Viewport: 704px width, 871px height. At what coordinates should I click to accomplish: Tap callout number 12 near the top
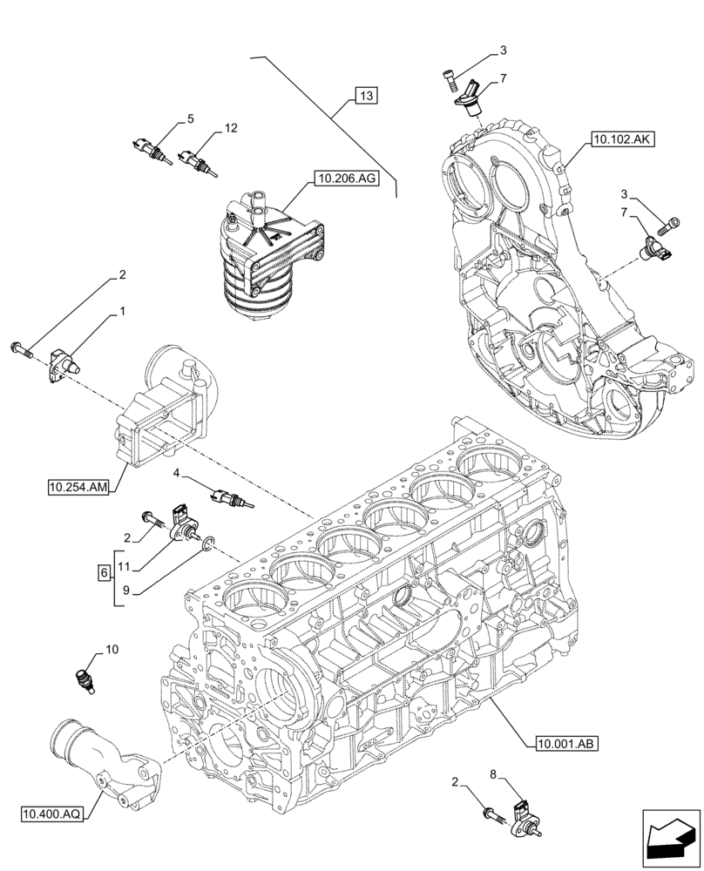pyautogui.click(x=230, y=128)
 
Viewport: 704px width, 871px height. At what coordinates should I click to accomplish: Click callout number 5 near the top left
pyautogui.click(x=190, y=119)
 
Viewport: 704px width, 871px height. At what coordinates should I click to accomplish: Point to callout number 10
pyautogui.click(x=112, y=649)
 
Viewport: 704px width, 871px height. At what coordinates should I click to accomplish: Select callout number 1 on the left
pyautogui.click(x=123, y=311)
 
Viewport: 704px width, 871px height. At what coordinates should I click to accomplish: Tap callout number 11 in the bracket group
pyautogui.click(x=125, y=567)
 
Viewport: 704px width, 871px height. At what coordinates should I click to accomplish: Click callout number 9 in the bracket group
pyautogui.click(x=125, y=590)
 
